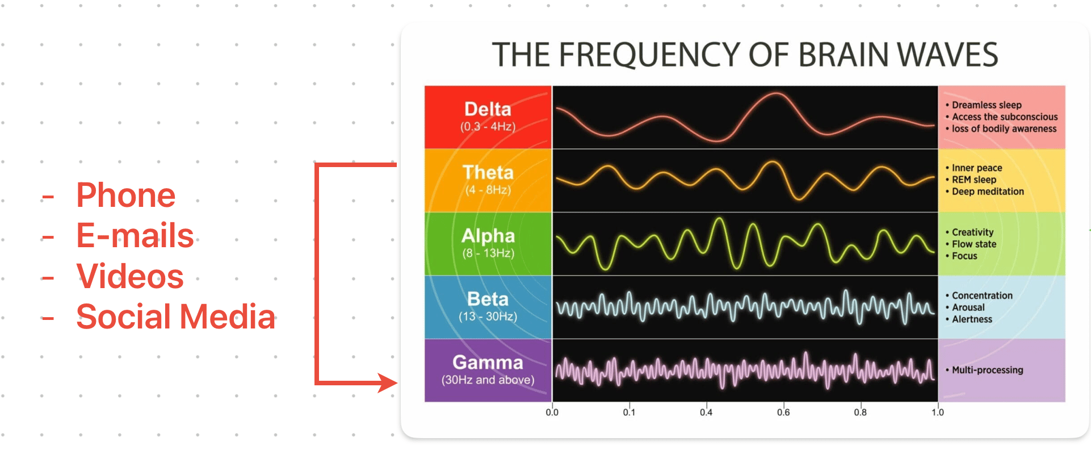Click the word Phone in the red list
pyautogui.click(x=125, y=195)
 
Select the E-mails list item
pyautogui.click(x=135, y=236)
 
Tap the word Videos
pyautogui.click(x=130, y=276)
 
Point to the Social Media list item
pyautogui.click(x=175, y=317)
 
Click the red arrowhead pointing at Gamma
pyautogui.click(x=388, y=382)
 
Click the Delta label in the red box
pyautogui.click(x=488, y=109)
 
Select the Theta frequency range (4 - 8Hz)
pyautogui.click(x=488, y=190)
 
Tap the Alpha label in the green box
pyautogui.click(x=488, y=236)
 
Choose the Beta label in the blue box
pyautogui.click(x=488, y=299)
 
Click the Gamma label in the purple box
pyautogui.click(x=488, y=363)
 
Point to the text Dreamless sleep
pyautogui.click(x=987, y=105)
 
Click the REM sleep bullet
pyautogui.click(x=973, y=180)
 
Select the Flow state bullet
pyautogui.click(x=973, y=244)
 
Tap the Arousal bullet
pyautogui.click(x=968, y=307)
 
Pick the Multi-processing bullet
pyautogui.click(x=987, y=370)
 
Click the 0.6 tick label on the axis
pyautogui.click(x=783, y=413)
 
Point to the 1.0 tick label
pyautogui.click(x=937, y=413)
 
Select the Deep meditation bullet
pyautogui.click(x=988, y=192)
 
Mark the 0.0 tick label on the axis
pyautogui.click(x=552, y=413)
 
